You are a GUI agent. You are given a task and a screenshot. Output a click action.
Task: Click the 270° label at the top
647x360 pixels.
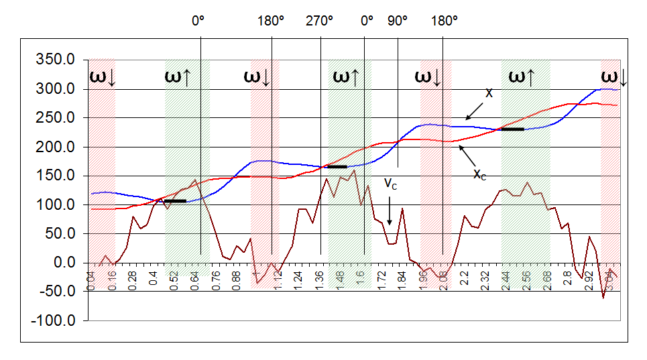320,21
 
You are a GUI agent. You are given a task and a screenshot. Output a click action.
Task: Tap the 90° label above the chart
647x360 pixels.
398,21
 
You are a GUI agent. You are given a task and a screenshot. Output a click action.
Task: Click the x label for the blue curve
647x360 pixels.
489,93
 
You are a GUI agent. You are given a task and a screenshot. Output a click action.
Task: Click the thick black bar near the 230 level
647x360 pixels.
512,129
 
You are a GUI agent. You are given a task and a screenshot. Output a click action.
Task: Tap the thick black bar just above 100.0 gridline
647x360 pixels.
175,200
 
